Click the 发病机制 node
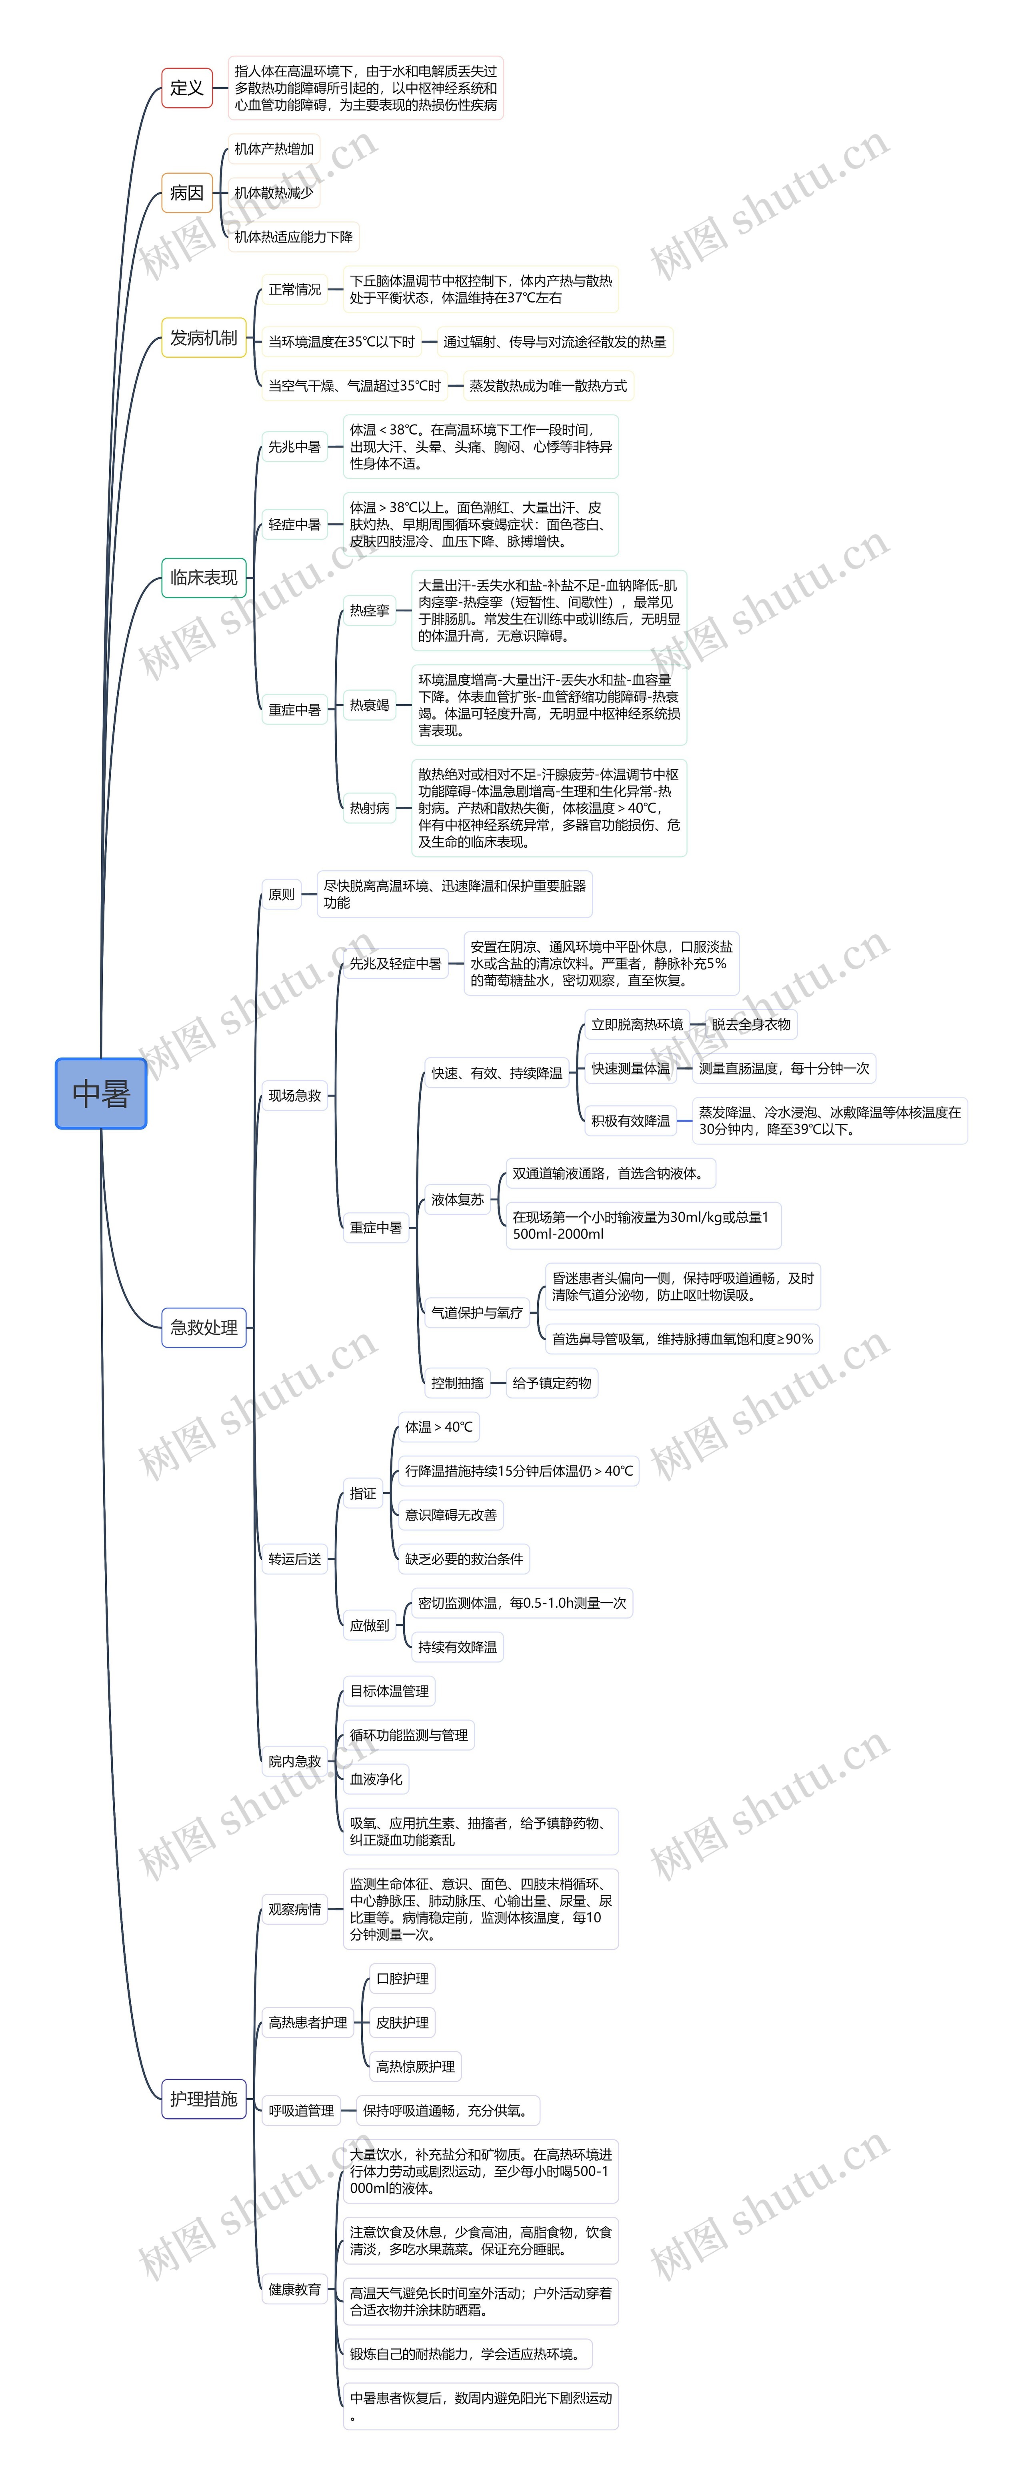pos(204,338)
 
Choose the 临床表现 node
pos(204,577)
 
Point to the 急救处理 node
pos(204,1327)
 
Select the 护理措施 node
pos(204,2099)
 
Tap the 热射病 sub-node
pos(370,808)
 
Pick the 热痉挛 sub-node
pos(370,610)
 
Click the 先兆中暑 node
pos(294,447)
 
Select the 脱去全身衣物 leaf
pos(751,1024)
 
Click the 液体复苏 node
pos(458,1200)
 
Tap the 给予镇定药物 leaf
pos(552,1383)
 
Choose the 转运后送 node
pos(294,1559)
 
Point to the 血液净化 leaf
pos(376,1779)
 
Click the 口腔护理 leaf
pos(402,1978)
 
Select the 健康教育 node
pos(294,2289)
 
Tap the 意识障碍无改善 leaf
pos(451,1515)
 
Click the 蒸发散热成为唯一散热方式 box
pos(548,386)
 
